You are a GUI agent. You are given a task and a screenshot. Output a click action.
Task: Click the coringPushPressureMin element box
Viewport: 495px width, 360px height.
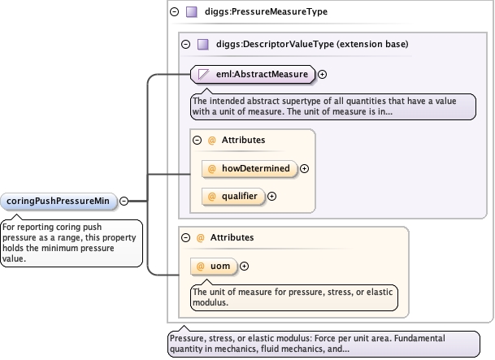tap(59, 201)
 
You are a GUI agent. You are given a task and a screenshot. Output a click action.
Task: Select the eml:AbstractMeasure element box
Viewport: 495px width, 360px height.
tap(252, 75)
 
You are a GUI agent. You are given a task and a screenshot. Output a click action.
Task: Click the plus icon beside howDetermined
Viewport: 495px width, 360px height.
tap(305, 168)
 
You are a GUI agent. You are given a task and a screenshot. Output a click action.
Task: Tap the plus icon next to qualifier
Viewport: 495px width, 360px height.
tap(272, 196)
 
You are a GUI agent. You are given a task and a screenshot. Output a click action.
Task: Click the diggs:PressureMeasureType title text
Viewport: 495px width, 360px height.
tap(250, 12)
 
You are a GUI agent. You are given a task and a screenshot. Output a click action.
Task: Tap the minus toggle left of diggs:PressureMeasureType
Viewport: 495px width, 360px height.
tap(174, 12)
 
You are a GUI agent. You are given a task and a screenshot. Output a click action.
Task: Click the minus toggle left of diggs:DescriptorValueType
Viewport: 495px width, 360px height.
tap(186, 44)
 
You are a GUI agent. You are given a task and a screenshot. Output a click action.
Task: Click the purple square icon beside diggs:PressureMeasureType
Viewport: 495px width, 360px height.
tap(193, 12)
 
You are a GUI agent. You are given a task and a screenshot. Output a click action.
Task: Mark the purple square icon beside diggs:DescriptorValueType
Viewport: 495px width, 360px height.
tap(204, 44)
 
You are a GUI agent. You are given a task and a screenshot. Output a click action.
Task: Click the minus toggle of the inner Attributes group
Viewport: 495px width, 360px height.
tap(197, 140)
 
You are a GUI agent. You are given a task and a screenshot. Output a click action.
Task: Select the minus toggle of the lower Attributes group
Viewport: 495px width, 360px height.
tap(186, 237)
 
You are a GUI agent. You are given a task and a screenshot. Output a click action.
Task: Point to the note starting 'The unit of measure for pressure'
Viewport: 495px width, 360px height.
tap(292, 297)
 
